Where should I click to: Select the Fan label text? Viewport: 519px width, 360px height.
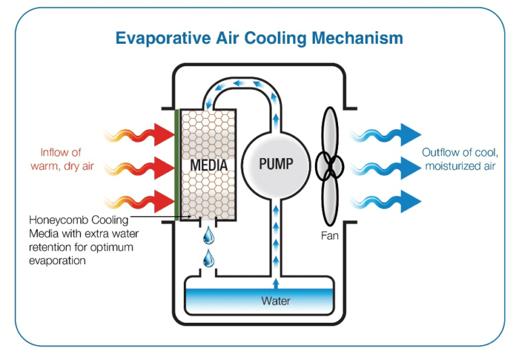pos(330,236)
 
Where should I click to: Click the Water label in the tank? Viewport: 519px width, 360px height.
pos(276,301)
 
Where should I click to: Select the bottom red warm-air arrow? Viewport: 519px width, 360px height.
pos(159,201)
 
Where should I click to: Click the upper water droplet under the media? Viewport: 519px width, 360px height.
pos(209,236)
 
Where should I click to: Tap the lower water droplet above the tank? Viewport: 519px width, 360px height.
pos(209,258)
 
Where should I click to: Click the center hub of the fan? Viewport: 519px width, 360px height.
pos(330,165)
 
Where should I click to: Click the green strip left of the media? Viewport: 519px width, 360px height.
pos(177,164)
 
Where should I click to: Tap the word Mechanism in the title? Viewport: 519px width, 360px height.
pos(358,38)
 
